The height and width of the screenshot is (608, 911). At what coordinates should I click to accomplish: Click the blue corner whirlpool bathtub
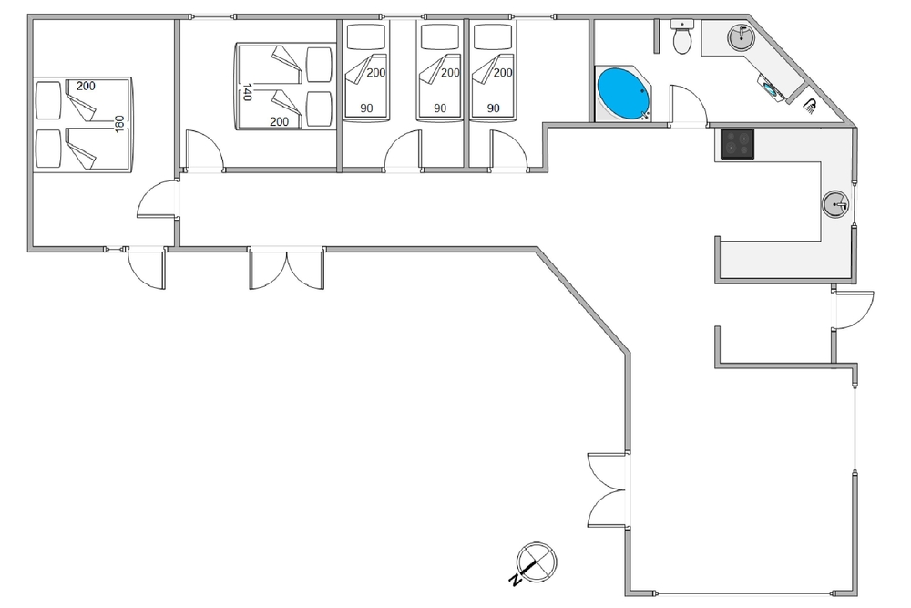pyautogui.click(x=623, y=94)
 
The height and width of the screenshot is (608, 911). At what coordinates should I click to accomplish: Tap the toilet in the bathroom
pyautogui.click(x=682, y=36)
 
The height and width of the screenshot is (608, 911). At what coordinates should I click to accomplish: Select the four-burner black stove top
pyautogui.click(x=738, y=144)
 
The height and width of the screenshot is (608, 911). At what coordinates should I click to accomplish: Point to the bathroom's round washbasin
pyautogui.click(x=741, y=36)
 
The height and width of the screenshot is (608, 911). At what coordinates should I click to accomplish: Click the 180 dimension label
pyautogui.click(x=119, y=123)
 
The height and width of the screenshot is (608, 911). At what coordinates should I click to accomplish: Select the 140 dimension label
pyautogui.click(x=247, y=92)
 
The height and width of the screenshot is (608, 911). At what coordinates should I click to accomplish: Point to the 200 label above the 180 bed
pyautogui.click(x=86, y=86)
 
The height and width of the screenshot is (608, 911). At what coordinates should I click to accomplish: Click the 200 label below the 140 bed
pyautogui.click(x=279, y=121)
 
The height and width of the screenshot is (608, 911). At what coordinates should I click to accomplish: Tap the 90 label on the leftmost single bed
pyautogui.click(x=366, y=108)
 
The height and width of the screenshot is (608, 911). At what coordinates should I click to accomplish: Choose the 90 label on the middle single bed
pyautogui.click(x=440, y=108)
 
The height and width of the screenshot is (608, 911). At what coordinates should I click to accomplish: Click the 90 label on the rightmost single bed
pyautogui.click(x=493, y=108)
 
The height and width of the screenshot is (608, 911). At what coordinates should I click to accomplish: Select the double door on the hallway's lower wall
pyautogui.click(x=286, y=269)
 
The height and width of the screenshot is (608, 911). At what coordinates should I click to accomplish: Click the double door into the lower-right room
pyautogui.click(x=608, y=490)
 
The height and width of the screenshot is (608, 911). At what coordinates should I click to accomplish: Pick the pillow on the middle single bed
pyautogui.click(x=440, y=36)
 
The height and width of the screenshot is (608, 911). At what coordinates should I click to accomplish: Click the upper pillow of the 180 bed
pyautogui.click(x=48, y=100)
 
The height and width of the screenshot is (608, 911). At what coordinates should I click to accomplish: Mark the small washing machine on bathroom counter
pyautogui.click(x=773, y=88)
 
